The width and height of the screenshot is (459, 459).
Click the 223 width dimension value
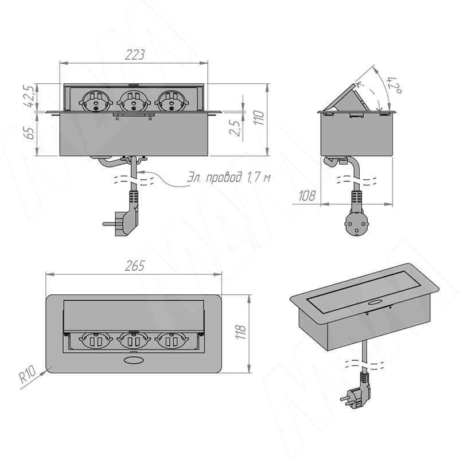(x=134, y=55)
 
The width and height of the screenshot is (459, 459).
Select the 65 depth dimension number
(x=30, y=133)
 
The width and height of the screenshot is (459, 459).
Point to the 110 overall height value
(x=260, y=118)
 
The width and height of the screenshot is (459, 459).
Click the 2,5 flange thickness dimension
(x=235, y=127)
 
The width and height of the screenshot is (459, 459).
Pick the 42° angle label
(x=394, y=85)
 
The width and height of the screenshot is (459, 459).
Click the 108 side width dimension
(x=306, y=196)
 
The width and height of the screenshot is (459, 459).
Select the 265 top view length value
(x=135, y=266)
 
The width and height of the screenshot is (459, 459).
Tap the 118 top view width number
(x=242, y=332)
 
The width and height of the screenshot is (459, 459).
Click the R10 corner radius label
(x=28, y=375)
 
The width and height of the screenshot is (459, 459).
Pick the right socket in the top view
(x=172, y=341)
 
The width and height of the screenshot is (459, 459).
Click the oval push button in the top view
(x=132, y=360)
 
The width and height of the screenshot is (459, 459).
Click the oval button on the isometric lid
(x=374, y=303)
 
